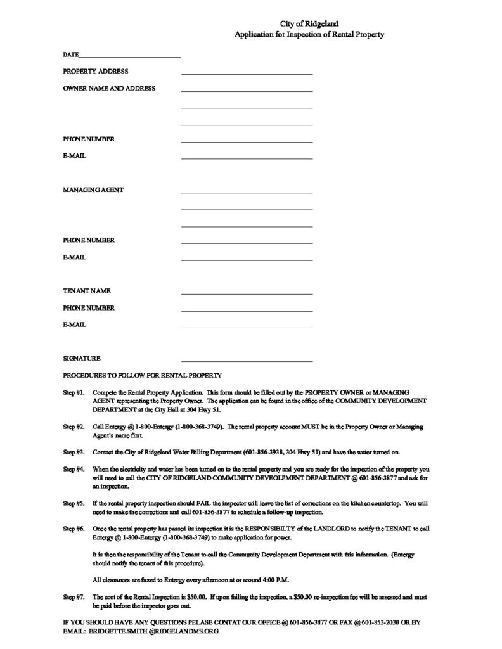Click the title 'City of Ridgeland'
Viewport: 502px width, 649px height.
pyautogui.click(x=309, y=23)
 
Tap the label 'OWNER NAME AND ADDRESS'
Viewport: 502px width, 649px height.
pyautogui.click(x=109, y=89)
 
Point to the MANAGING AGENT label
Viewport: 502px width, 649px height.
pyautogui.click(x=93, y=190)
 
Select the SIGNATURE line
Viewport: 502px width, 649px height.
pyautogui.click(x=247, y=360)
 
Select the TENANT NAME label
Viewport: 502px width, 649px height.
pyautogui.click(x=87, y=291)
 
